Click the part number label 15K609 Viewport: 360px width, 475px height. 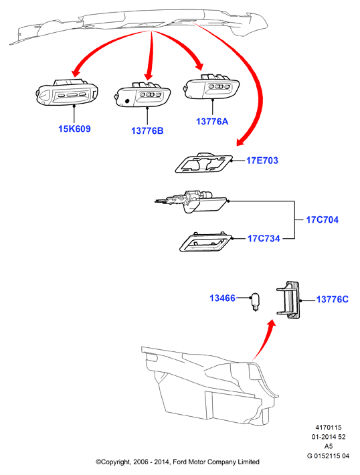(x=74, y=128)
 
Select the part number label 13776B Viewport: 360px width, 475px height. (x=147, y=130)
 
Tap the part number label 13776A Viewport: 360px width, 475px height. (x=212, y=122)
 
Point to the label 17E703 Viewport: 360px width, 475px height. (x=262, y=161)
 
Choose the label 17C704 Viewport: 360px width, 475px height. (x=322, y=219)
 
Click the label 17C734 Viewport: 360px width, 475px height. (x=264, y=238)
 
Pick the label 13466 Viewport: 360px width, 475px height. (x=222, y=298)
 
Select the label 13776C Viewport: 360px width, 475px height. (x=333, y=299)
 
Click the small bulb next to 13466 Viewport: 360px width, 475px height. (x=256, y=302)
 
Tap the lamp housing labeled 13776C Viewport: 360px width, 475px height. (x=288, y=300)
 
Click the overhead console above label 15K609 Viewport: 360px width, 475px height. (x=67, y=92)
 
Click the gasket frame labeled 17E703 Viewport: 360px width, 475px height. (x=203, y=163)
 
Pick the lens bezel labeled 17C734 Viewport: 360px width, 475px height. (x=205, y=242)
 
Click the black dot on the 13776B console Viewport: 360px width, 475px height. (x=127, y=101)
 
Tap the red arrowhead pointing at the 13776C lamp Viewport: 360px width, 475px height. (x=272, y=324)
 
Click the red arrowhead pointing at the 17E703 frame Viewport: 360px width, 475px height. (x=242, y=141)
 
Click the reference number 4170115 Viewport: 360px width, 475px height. (x=329, y=427)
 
